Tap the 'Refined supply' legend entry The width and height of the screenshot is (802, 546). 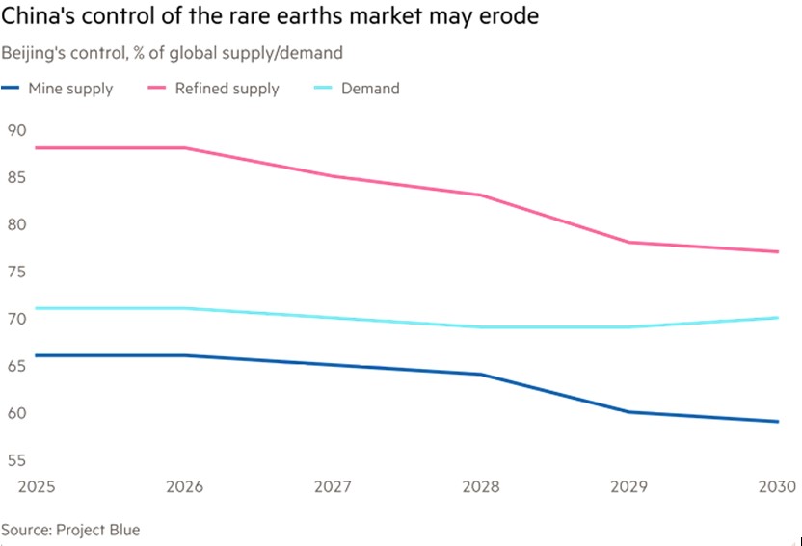(x=227, y=89)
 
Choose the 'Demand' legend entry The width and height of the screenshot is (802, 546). (x=370, y=89)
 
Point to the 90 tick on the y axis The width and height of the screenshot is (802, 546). (x=17, y=130)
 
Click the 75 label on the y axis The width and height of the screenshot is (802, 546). (x=17, y=272)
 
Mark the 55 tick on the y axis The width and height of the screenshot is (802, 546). (x=17, y=460)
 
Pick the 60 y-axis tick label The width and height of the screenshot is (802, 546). (x=17, y=413)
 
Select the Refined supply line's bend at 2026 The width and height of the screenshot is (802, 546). (x=184, y=147)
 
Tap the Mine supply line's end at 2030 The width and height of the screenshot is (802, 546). (x=778, y=421)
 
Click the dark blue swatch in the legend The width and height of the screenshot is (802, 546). (x=13, y=89)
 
